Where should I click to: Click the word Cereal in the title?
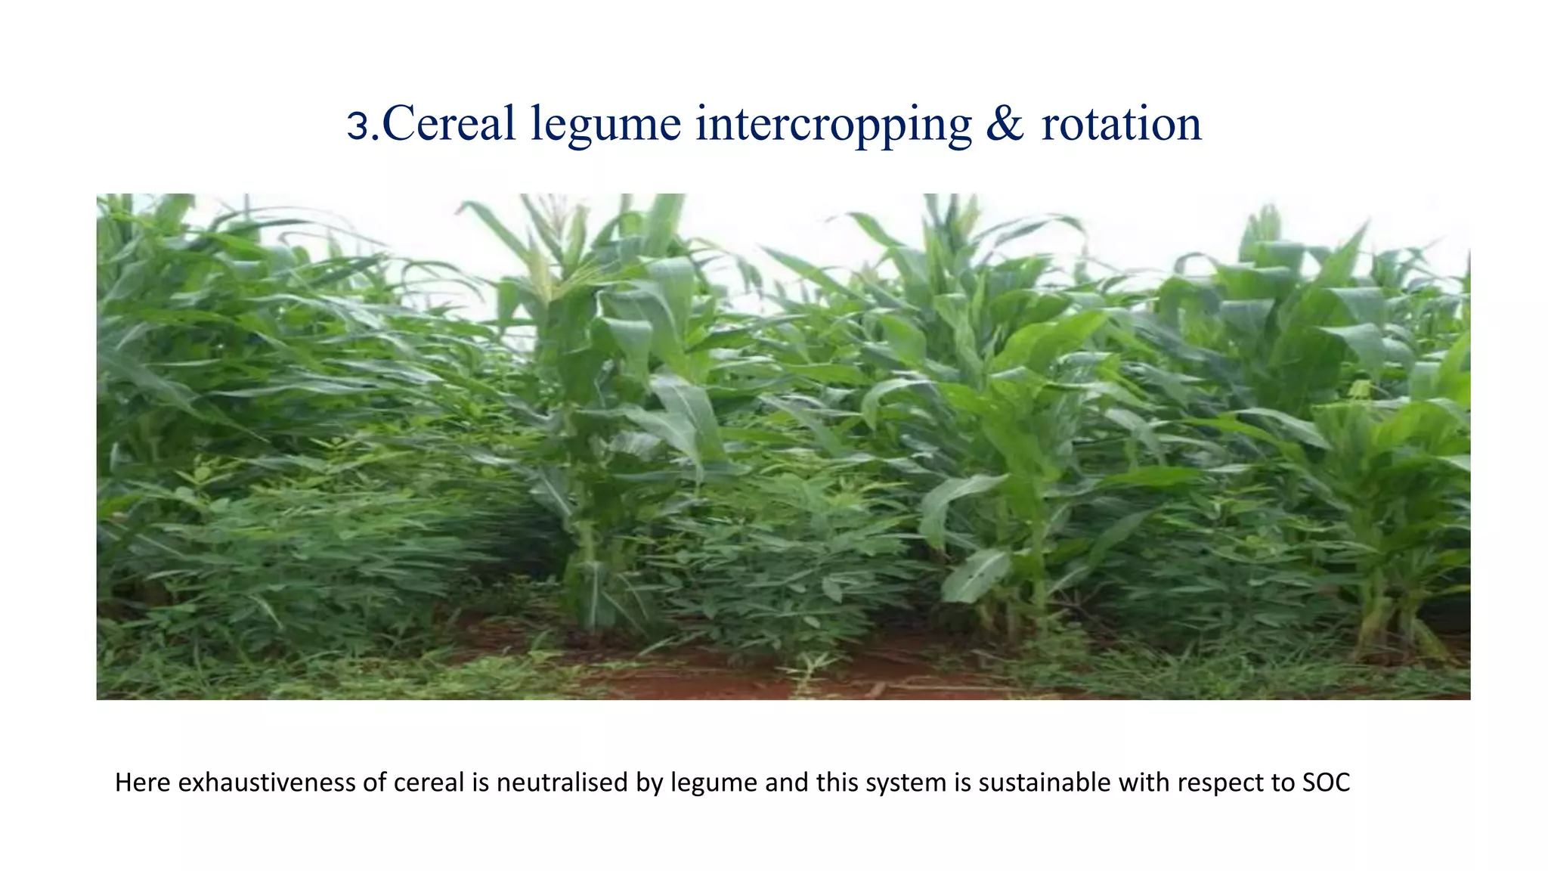pyautogui.click(x=449, y=123)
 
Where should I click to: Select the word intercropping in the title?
pyautogui.click(x=833, y=126)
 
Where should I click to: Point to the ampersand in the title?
pyautogui.click(x=1005, y=123)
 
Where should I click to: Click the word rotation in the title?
pyautogui.click(x=1121, y=123)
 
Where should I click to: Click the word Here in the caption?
pyautogui.click(x=143, y=783)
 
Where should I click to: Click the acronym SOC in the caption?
pyautogui.click(x=1327, y=783)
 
